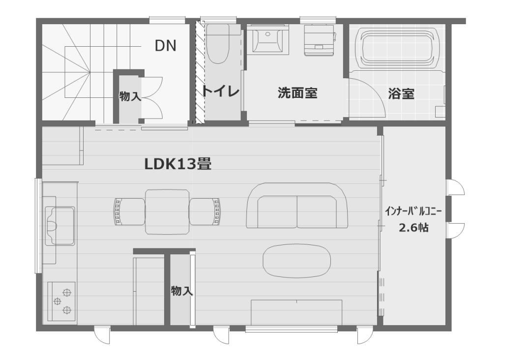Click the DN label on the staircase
pos(166,46)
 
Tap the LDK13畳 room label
pos(178,164)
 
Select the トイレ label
pos(221,91)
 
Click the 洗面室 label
pos(297,93)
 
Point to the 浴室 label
pos(401,94)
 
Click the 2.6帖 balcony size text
pos(413,228)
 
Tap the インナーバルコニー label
pos(413,211)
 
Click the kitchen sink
pos(60,226)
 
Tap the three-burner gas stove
pos(61,301)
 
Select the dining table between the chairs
pos(167,211)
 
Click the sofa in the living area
pos(297,206)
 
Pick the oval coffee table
pos(296,261)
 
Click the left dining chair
pos(129,211)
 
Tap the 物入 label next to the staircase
pos(130,96)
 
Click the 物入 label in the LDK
pos(182,291)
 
